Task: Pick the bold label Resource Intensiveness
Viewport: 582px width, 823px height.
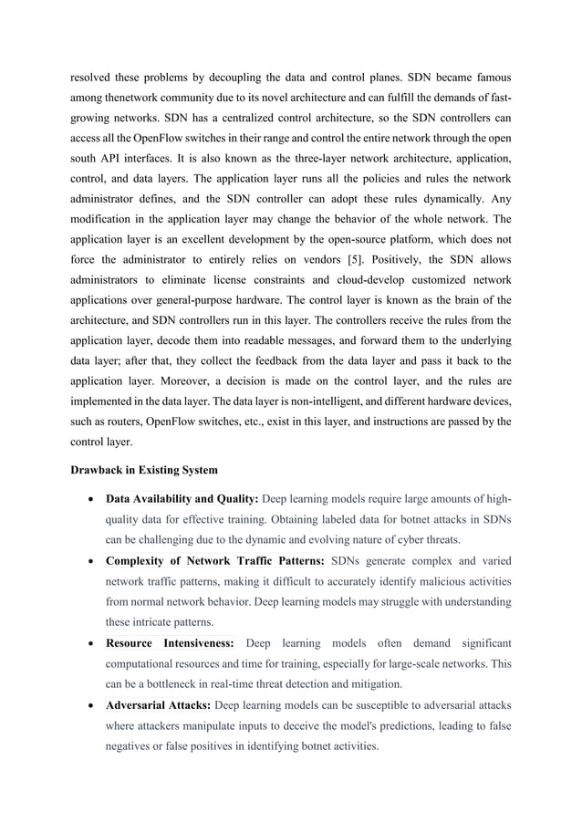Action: (170, 644)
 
